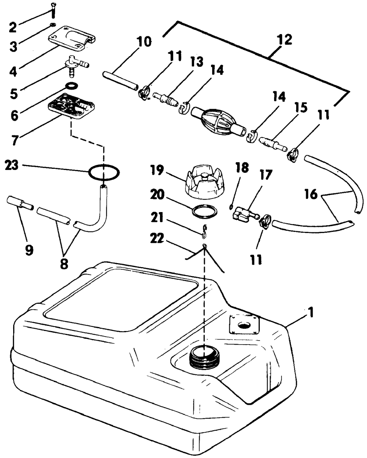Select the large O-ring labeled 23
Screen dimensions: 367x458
pyautogui.click(x=103, y=172)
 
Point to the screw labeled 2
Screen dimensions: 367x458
pyautogui.click(x=53, y=11)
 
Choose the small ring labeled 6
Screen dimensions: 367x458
pyautogui.click(x=72, y=86)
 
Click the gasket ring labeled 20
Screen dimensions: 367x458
pyautogui.click(x=205, y=212)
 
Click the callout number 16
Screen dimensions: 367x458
pyautogui.click(x=311, y=194)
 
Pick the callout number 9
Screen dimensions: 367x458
pyautogui.click(x=29, y=251)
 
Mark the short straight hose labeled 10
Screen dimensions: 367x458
pyautogui.click(x=120, y=81)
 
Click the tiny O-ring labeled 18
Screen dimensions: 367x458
pyautogui.click(x=231, y=207)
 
